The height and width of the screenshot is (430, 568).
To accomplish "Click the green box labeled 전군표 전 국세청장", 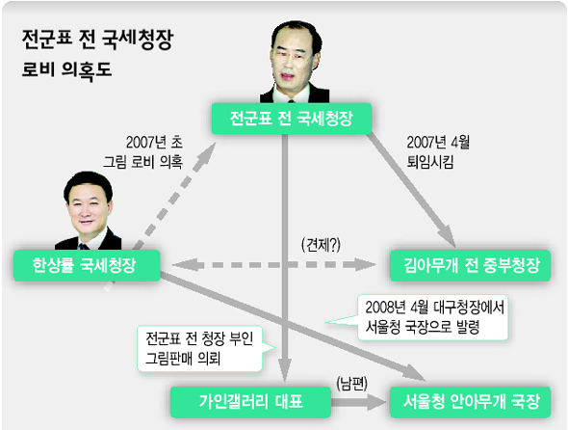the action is [292, 119].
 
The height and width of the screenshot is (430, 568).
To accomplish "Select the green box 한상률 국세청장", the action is [87, 265].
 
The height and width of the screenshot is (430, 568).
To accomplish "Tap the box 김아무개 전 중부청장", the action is [470, 265].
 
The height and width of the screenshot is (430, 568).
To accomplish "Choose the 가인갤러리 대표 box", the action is [250, 402].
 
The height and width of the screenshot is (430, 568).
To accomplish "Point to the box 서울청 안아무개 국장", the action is [470, 402].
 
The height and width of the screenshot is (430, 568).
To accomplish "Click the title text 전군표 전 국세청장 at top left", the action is [98, 40].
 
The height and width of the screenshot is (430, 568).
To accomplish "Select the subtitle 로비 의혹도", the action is [66, 70].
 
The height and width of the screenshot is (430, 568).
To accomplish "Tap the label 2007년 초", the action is [154, 143].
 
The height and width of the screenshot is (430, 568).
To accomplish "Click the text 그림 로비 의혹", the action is [142, 161].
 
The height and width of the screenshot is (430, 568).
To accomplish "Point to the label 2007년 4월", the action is [438, 143].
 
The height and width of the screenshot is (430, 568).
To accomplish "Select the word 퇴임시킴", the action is [430, 162].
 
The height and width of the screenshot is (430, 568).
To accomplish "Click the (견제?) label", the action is [321, 245].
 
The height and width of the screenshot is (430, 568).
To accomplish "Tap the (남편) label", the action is [351, 383].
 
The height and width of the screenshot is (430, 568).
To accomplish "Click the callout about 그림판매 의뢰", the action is [200, 348].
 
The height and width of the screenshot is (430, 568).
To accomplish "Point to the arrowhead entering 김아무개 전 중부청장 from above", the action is [448, 236].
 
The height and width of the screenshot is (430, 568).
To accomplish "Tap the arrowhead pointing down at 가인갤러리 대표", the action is [285, 370].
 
